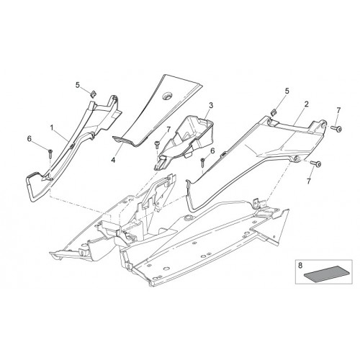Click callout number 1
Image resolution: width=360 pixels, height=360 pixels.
click(51, 128)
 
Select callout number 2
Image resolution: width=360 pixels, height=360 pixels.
click(306, 104)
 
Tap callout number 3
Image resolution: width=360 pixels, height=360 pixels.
click(211, 105)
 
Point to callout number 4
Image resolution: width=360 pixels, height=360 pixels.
click(113, 160)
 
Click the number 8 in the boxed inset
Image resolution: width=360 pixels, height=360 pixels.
click(300, 266)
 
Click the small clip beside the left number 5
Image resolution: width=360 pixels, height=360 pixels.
click(93, 94)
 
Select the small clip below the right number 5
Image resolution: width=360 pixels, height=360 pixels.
click(274, 111)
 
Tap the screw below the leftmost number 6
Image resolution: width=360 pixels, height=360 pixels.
click(50, 154)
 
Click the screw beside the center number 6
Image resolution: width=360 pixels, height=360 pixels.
click(203, 162)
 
